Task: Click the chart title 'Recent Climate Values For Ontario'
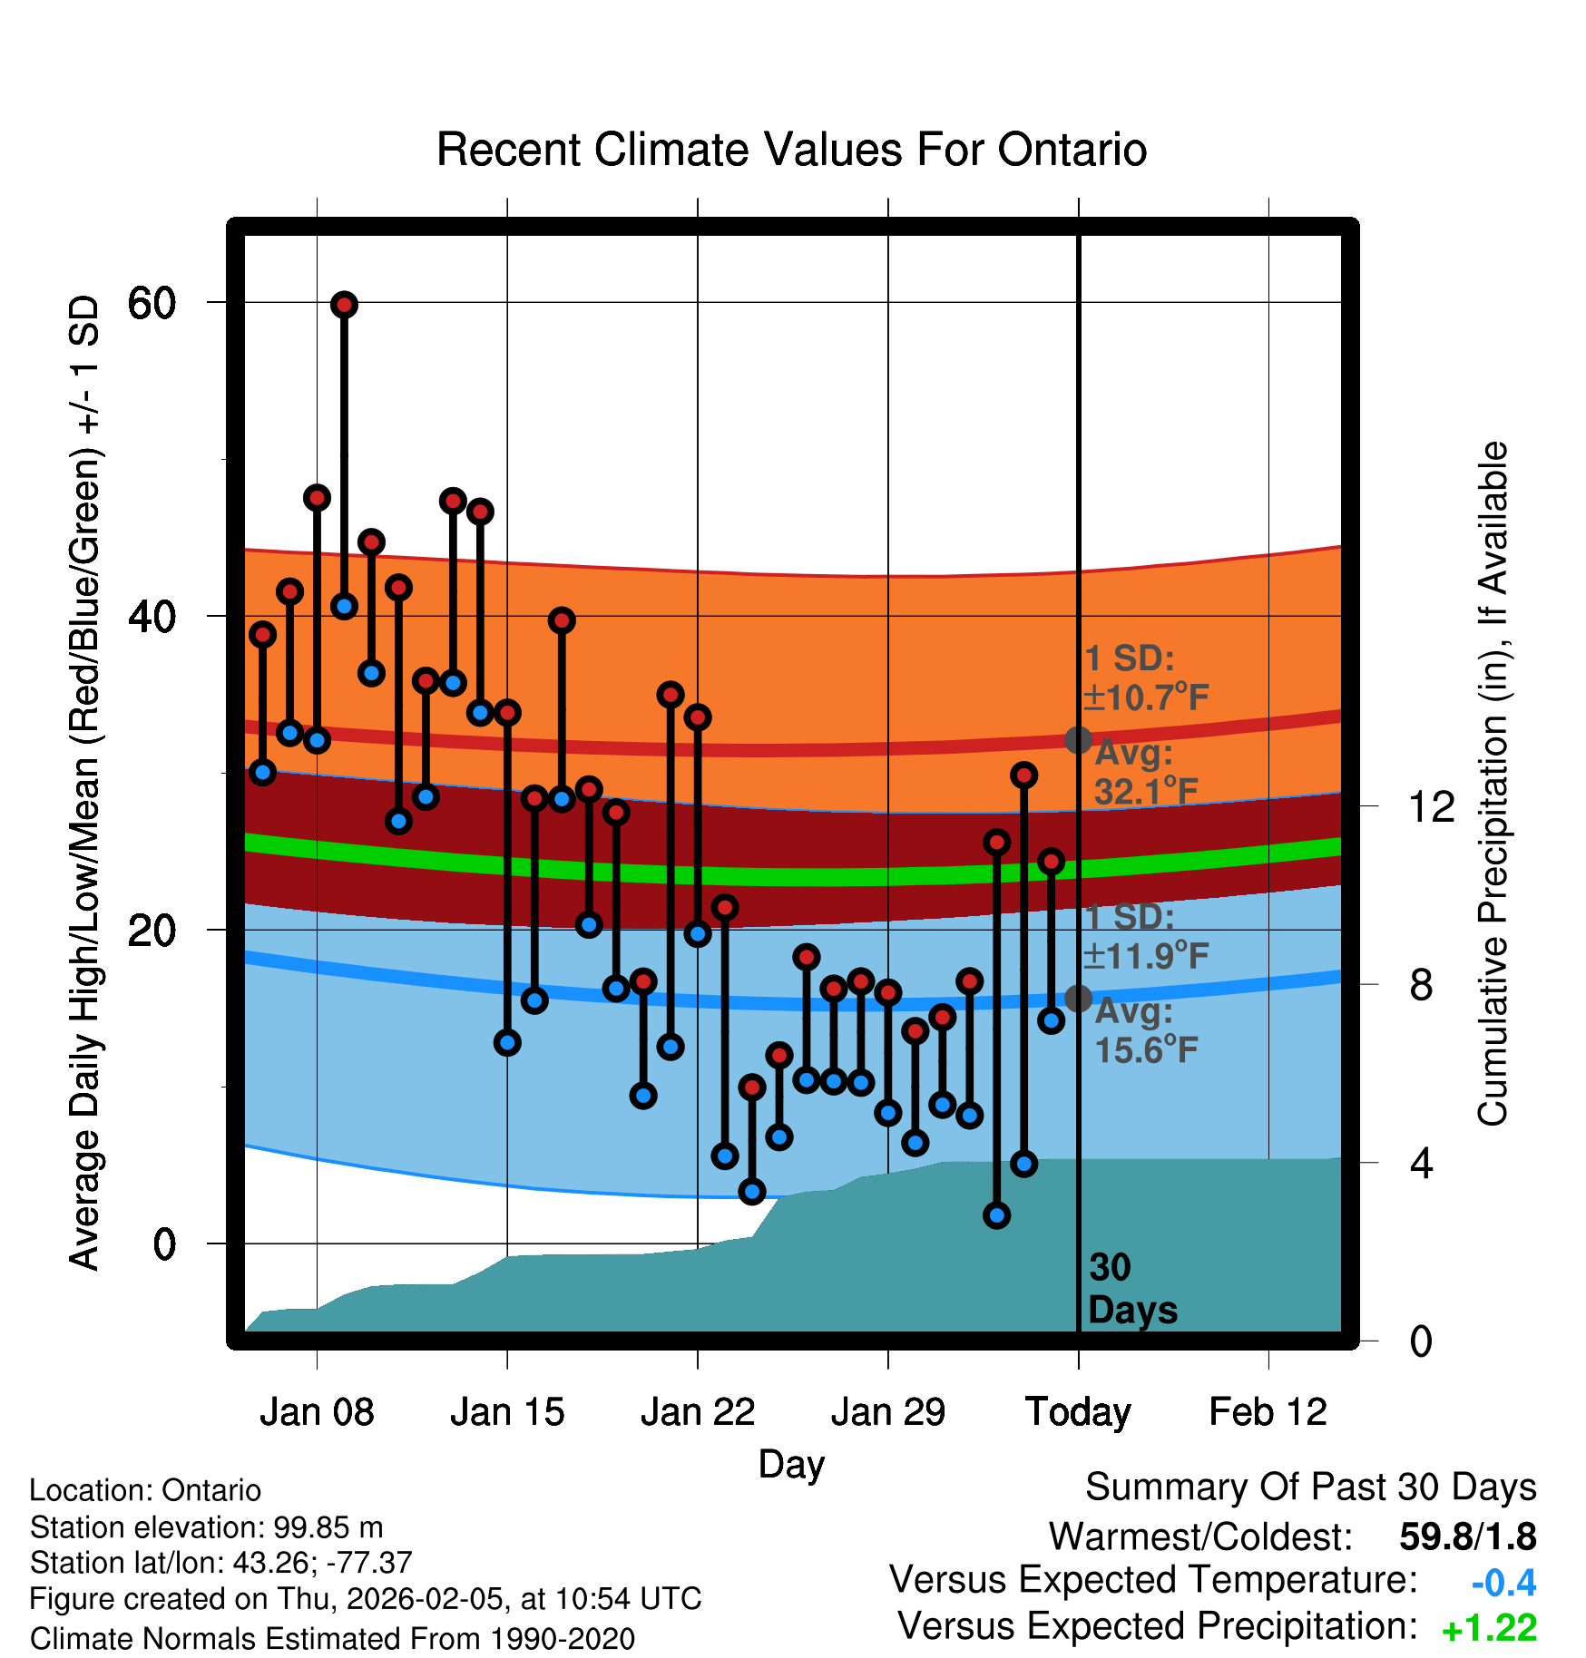point(791,150)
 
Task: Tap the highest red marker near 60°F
point(344,305)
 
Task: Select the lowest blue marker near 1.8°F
point(996,1215)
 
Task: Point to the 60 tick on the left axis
point(152,303)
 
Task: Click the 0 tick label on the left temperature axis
point(164,1244)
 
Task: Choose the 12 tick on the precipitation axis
point(1431,806)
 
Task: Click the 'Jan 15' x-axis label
point(507,1412)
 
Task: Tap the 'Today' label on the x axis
point(1078,1412)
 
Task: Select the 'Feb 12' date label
point(1268,1412)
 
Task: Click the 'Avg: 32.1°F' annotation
point(1145,773)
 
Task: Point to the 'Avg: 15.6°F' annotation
point(1145,1031)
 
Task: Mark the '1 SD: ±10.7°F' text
point(1145,678)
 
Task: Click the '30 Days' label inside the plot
point(1131,1289)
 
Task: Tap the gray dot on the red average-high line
point(1078,740)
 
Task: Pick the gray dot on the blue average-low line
point(1078,999)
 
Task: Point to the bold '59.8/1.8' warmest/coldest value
point(1467,1536)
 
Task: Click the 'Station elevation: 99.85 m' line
point(206,1527)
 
